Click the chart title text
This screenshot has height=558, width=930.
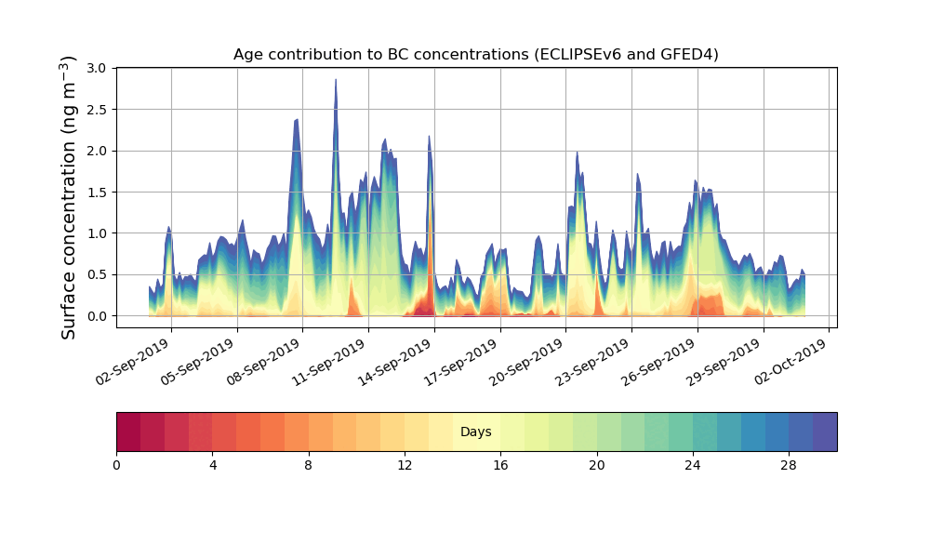pyautogui.click(x=475, y=55)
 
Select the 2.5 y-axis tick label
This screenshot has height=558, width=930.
pyautogui.click(x=97, y=110)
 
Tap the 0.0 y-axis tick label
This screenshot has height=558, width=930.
pyautogui.click(x=97, y=316)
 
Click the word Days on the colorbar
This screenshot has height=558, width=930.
pyautogui.click(x=475, y=432)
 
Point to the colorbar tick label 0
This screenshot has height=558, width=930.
pyautogui.click(x=116, y=465)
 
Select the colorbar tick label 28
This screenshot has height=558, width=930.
pyautogui.click(x=789, y=465)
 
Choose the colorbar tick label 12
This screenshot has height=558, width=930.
pyautogui.click(x=405, y=465)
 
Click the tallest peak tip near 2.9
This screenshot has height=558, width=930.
pyautogui.click(x=336, y=81)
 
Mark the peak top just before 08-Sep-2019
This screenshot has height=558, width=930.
pyautogui.click(x=296, y=120)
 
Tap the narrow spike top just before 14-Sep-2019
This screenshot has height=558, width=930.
pyautogui.click(x=429, y=137)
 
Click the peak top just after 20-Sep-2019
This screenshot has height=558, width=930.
pyautogui.click(x=577, y=153)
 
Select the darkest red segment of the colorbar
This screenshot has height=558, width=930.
pyautogui.click(x=128, y=432)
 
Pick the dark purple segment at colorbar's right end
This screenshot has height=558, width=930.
pyautogui.click(x=825, y=432)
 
